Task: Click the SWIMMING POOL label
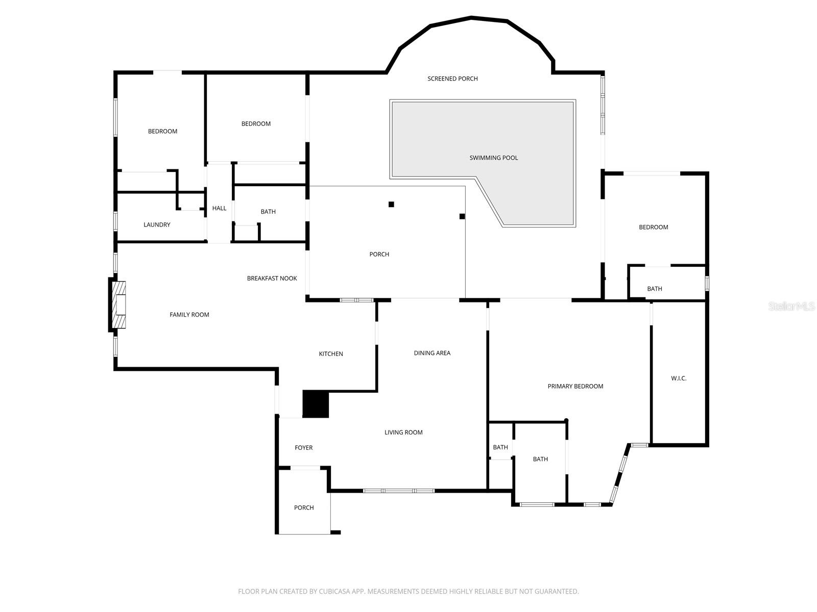tap(493, 158)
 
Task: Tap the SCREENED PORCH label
tap(452, 79)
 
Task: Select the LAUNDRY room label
tap(157, 225)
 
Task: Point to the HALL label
tap(219, 208)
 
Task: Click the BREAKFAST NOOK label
tap(272, 278)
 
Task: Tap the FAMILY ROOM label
tap(189, 315)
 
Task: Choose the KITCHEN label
tap(331, 354)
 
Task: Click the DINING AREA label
tap(432, 353)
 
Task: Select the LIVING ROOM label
tap(403, 432)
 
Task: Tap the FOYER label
tap(303, 448)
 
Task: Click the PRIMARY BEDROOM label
tap(575, 387)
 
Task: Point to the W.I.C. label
tap(679, 378)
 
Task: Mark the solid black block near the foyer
tap(316, 404)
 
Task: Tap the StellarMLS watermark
tap(791, 307)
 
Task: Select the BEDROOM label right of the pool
tap(653, 227)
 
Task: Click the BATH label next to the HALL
tap(268, 212)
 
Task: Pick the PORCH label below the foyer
tap(304, 508)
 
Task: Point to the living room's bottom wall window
tap(399, 491)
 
